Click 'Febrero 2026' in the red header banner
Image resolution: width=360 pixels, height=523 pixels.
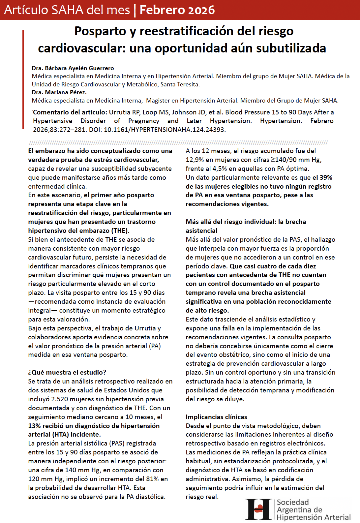click(177, 10)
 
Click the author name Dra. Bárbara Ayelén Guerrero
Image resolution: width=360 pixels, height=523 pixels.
click(73, 68)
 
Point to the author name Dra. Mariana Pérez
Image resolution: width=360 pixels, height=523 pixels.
click(59, 92)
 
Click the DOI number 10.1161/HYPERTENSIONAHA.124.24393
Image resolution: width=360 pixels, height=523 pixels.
click(164, 130)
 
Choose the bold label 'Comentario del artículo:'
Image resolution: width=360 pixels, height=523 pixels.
click(70, 112)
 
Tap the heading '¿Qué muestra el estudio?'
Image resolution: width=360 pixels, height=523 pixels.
click(67, 372)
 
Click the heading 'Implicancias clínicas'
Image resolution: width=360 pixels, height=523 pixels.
click(216, 417)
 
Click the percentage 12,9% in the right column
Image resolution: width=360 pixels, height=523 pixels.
click(195, 160)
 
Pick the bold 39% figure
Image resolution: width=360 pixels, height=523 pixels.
click(326, 177)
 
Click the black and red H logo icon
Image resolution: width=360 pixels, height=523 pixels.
click(259, 509)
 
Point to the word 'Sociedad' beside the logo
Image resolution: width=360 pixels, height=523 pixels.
click(293, 502)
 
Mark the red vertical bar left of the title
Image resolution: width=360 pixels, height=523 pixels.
click(23, 79)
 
